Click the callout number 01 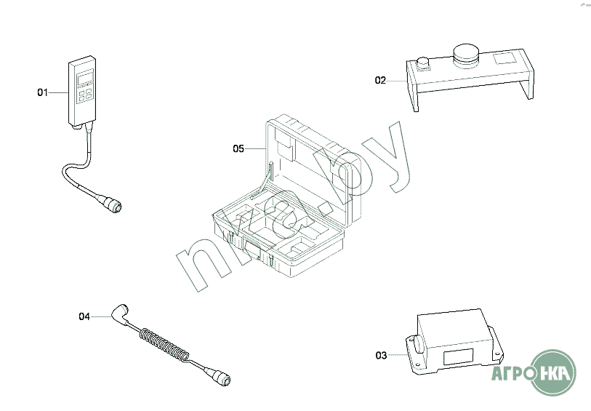pos(41,92)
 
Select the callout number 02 pos(380,81)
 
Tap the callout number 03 pos(381,356)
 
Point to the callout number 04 pos(84,316)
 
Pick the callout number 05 pos(238,149)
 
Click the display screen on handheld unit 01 pos(84,78)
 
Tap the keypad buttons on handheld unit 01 pos(84,95)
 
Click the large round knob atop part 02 pos(465,53)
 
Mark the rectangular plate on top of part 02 pos(506,58)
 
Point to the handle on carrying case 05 pos(252,251)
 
